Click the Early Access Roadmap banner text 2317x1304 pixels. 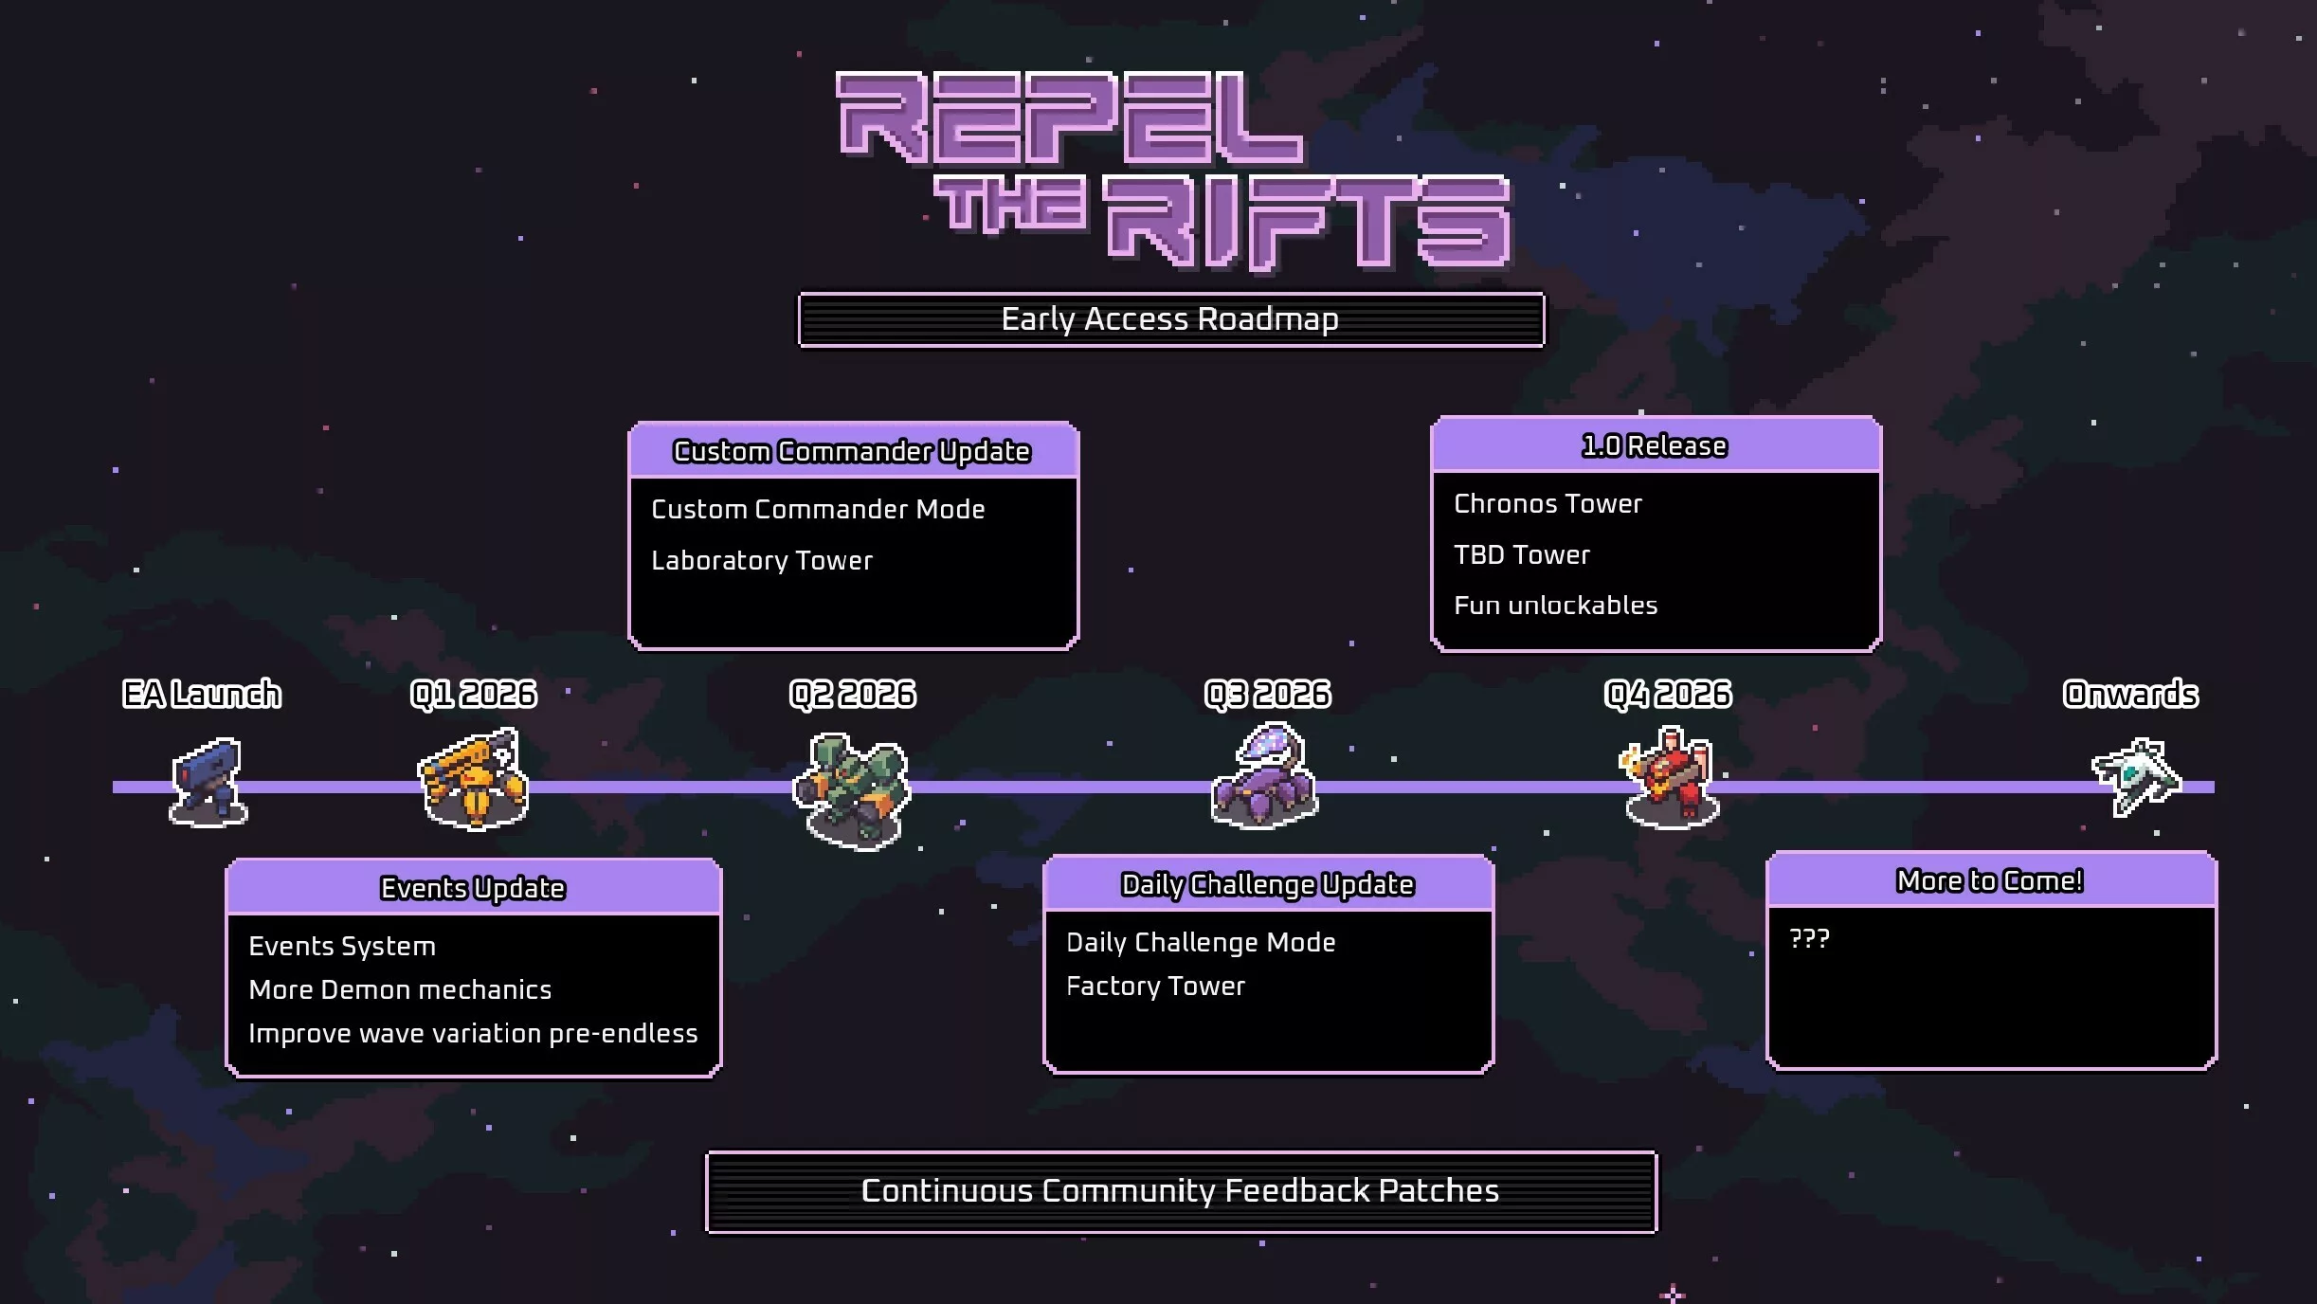1169,319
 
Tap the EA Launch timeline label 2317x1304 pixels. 202,695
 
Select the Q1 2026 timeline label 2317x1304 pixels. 474,695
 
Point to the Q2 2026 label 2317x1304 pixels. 853,695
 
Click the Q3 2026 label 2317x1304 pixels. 1268,695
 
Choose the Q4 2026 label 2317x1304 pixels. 1668,695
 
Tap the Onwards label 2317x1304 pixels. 2130,695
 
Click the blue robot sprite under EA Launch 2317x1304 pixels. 208,783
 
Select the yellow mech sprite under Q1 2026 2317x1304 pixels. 474,779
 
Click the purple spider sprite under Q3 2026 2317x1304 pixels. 1266,777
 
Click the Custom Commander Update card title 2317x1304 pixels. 852,451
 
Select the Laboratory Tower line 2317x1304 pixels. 762,561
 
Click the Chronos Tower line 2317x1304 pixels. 1548,504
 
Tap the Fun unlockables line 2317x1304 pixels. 1556,606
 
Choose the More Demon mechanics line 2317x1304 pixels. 400,990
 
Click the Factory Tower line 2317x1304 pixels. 1155,987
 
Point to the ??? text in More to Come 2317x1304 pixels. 1809,939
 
